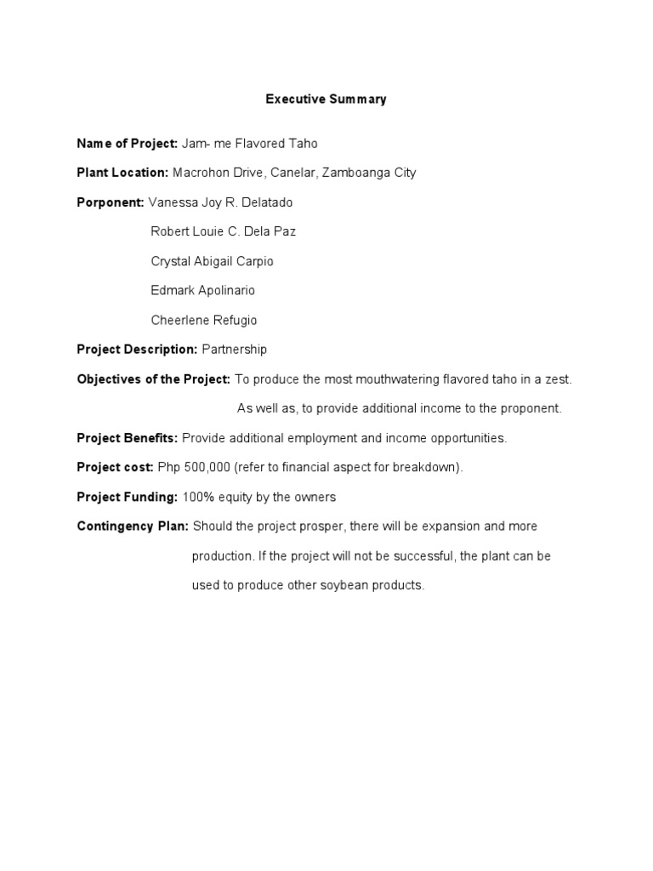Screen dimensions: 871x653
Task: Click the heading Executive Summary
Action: coord(326,100)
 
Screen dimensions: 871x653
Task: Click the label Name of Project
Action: coord(127,144)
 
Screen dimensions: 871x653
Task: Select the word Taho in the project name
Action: coord(304,144)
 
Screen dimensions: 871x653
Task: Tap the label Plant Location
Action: coord(123,173)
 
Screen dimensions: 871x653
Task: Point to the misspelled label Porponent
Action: coord(111,202)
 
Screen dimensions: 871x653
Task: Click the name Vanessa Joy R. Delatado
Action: coord(220,202)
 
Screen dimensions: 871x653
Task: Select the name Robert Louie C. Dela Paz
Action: coord(223,231)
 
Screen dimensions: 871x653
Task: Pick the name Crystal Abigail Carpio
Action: coord(212,261)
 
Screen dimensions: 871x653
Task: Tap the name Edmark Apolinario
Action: coord(202,290)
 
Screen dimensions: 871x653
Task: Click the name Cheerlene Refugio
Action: coord(203,321)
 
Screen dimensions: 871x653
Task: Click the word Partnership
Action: coord(234,350)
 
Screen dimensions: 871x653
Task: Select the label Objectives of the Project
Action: coord(154,379)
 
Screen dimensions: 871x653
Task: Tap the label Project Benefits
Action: coord(128,438)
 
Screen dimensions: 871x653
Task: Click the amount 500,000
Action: coord(210,467)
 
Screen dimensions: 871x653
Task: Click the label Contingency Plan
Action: coord(133,527)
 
